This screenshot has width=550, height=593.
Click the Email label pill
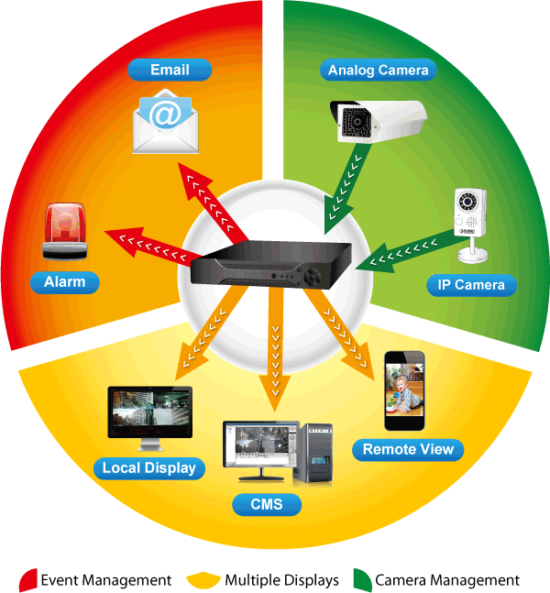(x=170, y=70)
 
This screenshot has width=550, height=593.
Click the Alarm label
(x=64, y=282)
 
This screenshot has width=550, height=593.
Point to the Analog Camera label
(x=378, y=70)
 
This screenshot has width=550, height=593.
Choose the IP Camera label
(x=466, y=285)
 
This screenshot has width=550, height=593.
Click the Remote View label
(x=408, y=449)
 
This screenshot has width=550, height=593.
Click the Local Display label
(x=148, y=468)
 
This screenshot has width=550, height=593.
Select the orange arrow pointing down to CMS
(x=273, y=348)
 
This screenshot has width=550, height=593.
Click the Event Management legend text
(x=106, y=580)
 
